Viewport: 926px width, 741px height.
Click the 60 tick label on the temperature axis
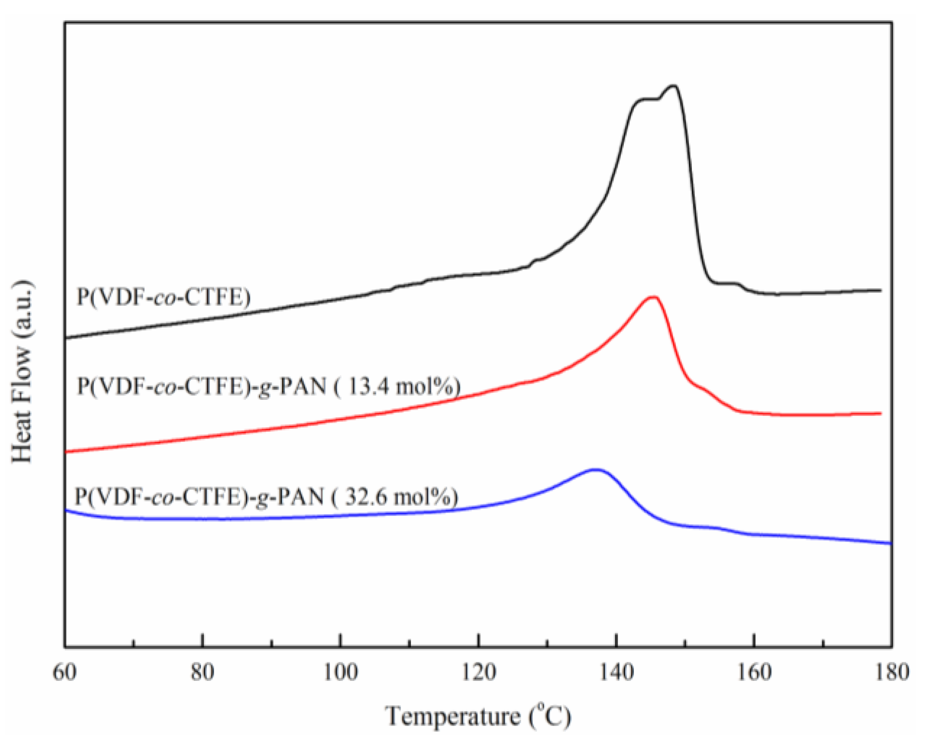point(64,673)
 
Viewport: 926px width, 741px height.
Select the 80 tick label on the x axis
point(202,673)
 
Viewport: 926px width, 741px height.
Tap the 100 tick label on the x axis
point(340,673)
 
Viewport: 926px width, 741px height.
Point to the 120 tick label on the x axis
point(478,673)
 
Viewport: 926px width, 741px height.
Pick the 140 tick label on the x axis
point(616,673)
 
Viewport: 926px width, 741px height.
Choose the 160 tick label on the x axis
point(754,673)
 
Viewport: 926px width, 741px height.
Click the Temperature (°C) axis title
point(478,716)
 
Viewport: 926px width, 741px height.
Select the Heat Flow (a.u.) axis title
point(22,371)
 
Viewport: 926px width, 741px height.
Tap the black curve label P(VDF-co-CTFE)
point(164,297)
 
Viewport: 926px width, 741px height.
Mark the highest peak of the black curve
point(673,86)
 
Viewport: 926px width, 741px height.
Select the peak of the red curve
point(653,297)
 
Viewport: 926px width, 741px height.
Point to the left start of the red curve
point(67,451)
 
